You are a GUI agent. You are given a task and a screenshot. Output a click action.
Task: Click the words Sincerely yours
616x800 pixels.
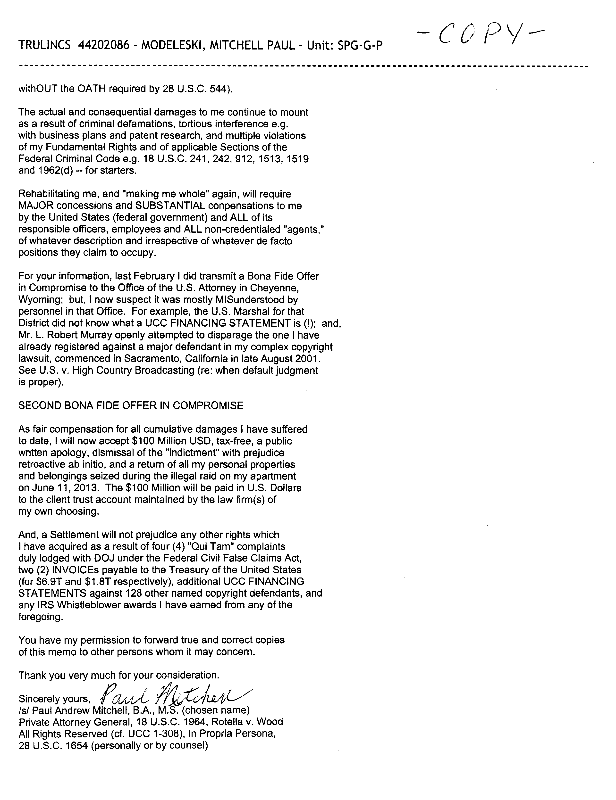click(54, 699)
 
